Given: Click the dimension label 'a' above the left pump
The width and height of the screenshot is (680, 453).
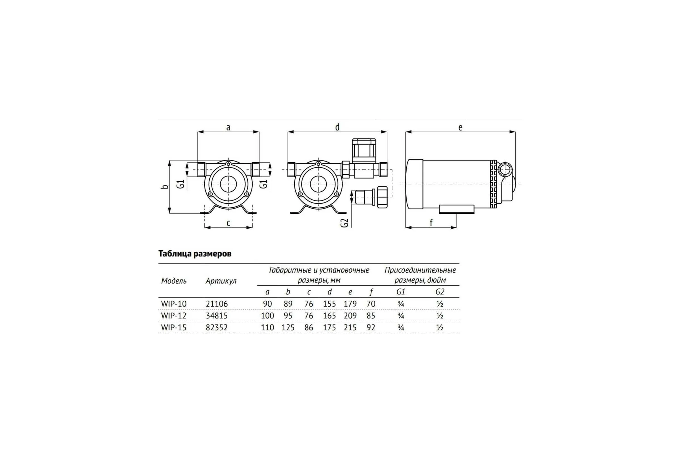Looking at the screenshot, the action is coord(228,127).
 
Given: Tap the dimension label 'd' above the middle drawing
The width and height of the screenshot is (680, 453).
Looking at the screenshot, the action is coord(337,127).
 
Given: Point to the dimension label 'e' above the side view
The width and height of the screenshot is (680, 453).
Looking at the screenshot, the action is coord(460,127).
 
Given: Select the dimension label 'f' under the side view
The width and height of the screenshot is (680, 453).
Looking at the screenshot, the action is coord(431,223).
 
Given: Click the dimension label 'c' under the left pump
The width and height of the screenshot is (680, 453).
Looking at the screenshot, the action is coord(228,223).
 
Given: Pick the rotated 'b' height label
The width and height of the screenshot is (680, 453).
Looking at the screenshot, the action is coord(165,186).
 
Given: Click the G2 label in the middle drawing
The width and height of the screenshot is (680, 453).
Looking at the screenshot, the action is coord(344,223).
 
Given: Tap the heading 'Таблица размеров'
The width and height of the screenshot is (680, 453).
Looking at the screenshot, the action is coord(195,254).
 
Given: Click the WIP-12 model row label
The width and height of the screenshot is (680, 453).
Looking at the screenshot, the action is coord(174,315).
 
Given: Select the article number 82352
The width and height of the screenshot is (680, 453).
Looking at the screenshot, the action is coord(217,327).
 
